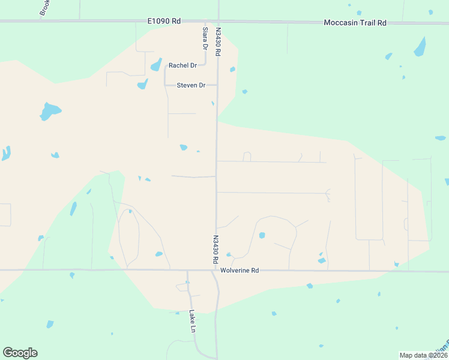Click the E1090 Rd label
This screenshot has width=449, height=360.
(164, 21)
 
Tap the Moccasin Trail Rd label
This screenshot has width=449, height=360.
(355, 23)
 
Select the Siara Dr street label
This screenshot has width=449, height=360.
(205, 38)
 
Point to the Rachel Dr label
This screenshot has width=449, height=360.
(182, 65)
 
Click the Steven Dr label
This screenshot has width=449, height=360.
(191, 85)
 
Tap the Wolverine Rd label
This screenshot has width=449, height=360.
(239, 271)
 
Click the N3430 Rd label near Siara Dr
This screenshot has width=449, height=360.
(218, 42)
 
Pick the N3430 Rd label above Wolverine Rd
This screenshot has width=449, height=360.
(214, 250)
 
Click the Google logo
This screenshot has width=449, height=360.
(20, 353)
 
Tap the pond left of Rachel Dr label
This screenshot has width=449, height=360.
(156, 65)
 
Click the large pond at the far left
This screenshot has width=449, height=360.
(49, 111)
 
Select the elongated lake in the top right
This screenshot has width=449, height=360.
(420, 47)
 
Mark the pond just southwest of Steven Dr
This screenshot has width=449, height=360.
(142, 85)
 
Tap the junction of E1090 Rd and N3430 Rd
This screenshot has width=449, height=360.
(218, 22)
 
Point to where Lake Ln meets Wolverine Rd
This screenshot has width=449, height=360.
(187, 271)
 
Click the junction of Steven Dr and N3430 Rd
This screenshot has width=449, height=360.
(217, 85)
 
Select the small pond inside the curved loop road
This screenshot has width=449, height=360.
(262, 235)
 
